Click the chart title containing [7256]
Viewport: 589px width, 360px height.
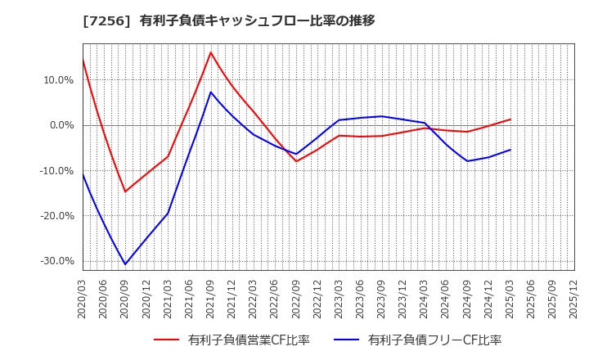[228, 20]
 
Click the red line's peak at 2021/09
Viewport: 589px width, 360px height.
[210, 52]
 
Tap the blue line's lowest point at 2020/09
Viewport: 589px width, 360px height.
[125, 264]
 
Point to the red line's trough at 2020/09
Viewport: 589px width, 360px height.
[125, 192]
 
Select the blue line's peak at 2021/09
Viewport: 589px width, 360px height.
[210, 92]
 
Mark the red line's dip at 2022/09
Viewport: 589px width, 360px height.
[296, 161]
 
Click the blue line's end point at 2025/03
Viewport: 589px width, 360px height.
[510, 150]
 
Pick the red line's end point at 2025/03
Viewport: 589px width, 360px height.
[510, 119]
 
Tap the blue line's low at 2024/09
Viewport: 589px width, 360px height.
[467, 160]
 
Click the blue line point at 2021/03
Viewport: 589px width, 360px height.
[168, 214]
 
